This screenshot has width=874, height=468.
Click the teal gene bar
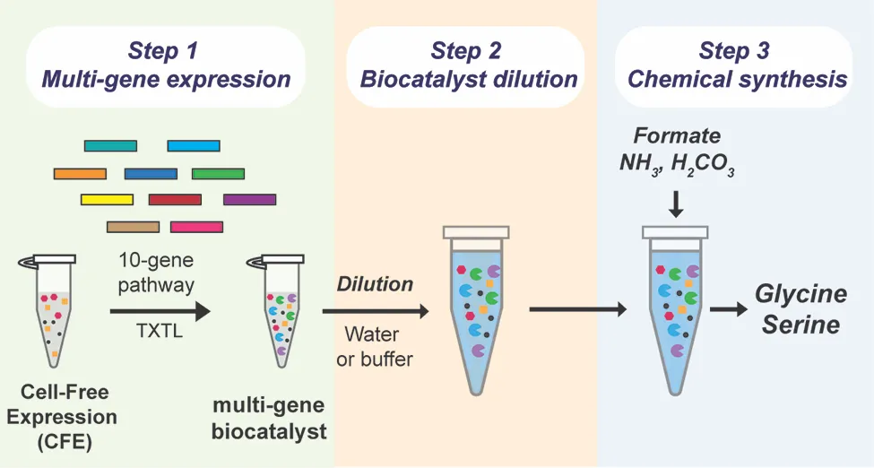point(110,145)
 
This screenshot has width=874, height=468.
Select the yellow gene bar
point(107,199)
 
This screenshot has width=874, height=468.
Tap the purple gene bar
point(249,199)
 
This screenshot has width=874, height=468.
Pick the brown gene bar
point(133,227)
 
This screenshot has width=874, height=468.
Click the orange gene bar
point(80,173)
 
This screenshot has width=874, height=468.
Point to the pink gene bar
point(196,227)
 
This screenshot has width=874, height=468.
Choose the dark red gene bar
point(175,199)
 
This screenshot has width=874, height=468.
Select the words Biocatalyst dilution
point(469,79)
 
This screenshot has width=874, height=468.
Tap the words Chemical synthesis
point(737,79)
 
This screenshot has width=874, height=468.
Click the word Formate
point(677,136)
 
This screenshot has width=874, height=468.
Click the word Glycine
point(800,294)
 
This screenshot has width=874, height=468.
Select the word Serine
point(800,324)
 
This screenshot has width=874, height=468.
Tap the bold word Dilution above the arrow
point(375,284)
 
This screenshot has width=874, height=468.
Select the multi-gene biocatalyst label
point(269,417)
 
